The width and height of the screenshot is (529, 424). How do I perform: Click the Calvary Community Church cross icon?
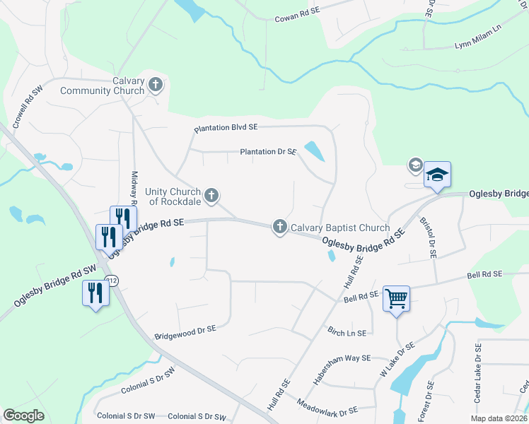156,86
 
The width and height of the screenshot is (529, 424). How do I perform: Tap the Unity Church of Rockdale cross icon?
211,195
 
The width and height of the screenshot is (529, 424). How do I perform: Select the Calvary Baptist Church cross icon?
279,227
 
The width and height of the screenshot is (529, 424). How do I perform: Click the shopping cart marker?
396,298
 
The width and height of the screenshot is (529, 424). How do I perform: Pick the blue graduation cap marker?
437,174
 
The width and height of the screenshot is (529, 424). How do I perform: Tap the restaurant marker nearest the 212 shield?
95,292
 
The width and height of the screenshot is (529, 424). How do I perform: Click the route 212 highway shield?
111,281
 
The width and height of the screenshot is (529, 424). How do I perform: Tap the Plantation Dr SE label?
268,151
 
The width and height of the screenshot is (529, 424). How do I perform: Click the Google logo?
24,416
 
